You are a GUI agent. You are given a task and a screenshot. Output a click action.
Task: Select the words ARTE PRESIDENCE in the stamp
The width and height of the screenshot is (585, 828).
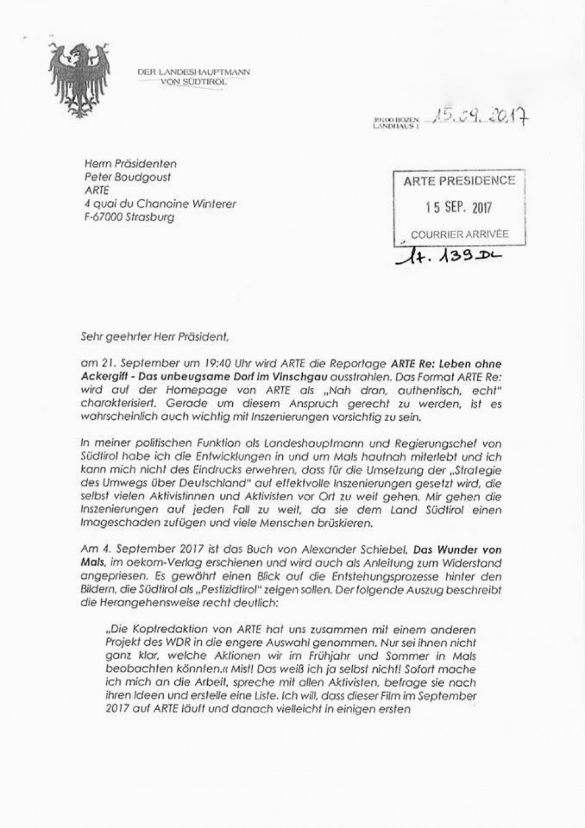pyautogui.click(x=459, y=181)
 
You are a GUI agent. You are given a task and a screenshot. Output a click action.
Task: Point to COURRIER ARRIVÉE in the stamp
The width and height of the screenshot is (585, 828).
pyautogui.click(x=459, y=234)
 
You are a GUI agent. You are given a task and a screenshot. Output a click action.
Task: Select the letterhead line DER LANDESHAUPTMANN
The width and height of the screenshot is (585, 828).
pyautogui.click(x=193, y=73)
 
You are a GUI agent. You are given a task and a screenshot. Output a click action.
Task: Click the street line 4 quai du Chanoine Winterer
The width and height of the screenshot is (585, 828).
pyautogui.click(x=160, y=204)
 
